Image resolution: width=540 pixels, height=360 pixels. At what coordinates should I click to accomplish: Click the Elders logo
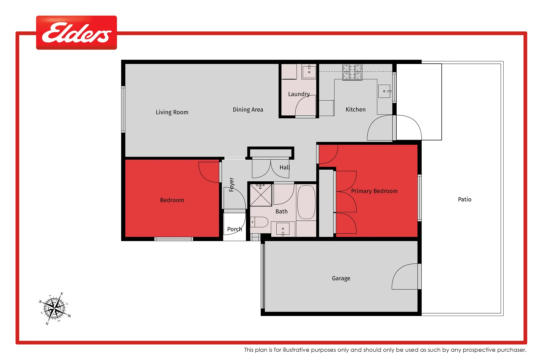point(76,33)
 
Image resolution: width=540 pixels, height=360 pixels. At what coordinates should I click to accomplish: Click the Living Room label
point(172,112)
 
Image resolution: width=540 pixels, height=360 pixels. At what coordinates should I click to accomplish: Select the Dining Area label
point(248,110)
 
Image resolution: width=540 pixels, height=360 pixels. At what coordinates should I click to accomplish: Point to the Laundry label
point(299,94)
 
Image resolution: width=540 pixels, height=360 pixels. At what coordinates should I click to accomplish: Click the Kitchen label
point(355,110)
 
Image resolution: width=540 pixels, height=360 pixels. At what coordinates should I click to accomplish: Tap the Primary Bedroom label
point(374,191)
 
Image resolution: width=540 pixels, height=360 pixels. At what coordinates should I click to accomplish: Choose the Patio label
point(464,199)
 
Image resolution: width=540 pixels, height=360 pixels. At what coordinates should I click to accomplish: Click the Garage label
point(341,278)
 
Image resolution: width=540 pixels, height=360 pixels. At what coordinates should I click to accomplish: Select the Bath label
point(281,211)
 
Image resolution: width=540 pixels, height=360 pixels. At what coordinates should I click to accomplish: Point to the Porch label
point(234,229)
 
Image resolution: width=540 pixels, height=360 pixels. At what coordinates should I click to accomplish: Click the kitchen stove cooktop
point(352,72)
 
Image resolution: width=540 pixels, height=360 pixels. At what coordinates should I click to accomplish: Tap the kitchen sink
point(384,91)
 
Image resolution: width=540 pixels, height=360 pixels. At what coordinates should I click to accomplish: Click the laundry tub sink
point(309,71)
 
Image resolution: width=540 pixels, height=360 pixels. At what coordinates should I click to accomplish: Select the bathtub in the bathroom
point(306,202)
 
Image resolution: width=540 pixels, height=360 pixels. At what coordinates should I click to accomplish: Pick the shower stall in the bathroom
point(261,195)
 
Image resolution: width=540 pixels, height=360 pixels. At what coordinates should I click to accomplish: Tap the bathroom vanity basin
point(283,229)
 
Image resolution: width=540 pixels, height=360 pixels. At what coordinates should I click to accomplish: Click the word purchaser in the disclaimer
point(511,350)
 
